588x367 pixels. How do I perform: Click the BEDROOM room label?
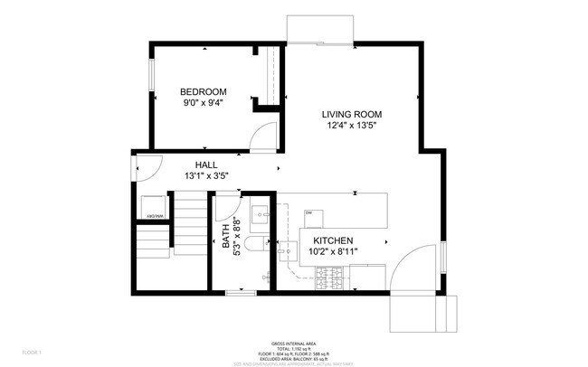[x=203, y=91]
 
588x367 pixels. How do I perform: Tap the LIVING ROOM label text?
[x=352, y=115]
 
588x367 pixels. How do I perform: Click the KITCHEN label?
[x=333, y=240]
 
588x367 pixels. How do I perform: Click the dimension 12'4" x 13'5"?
[x=352, y=127]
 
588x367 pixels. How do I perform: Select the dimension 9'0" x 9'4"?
[x=203, y=103]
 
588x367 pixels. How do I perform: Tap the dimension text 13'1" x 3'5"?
[x=204, y=175]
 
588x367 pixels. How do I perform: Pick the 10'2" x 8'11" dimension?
[x=333, y=252]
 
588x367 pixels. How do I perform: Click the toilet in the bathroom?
[x=256, y=244]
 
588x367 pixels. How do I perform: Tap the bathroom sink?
[x=260, y=215]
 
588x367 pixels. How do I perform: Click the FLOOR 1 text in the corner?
[x=33, y=352]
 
